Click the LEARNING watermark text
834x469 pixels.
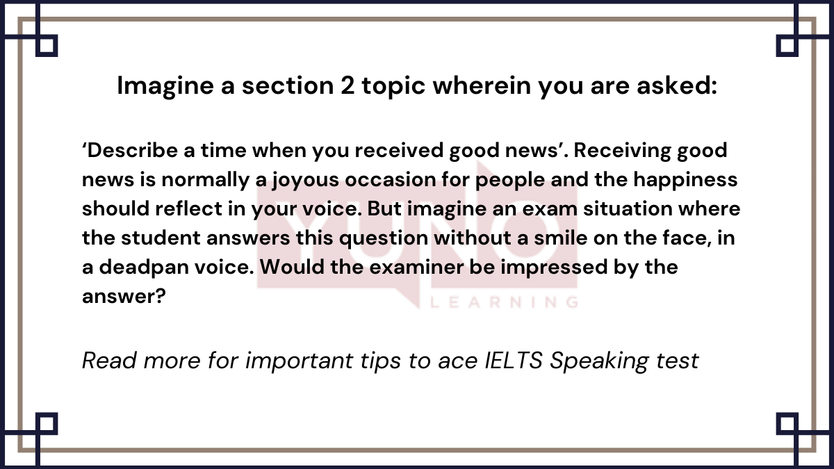coord(505,303)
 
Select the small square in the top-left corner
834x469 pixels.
coord(47,46)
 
